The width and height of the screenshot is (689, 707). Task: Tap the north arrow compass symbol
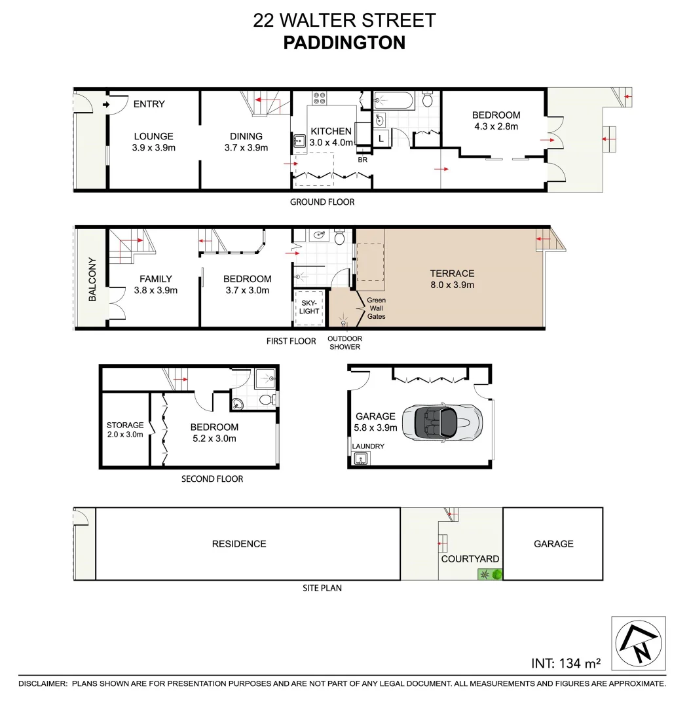[x=638, y=643]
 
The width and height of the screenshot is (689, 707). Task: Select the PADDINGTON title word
[x=344, y=43]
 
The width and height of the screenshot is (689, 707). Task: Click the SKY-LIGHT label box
[x=309, y=306]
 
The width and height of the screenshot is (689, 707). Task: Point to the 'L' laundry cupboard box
[x=381, y=138]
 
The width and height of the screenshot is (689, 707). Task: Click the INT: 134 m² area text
[x=566, y=663]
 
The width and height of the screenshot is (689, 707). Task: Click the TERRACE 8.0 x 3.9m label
[x=452, y=279]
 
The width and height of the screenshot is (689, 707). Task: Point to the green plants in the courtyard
[x=491, y=575]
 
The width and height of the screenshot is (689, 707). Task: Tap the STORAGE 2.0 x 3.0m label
[x=124, y=429]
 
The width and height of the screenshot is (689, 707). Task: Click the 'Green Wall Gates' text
[x=376, y=308]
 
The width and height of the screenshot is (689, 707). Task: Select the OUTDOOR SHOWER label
[x=344, y=342]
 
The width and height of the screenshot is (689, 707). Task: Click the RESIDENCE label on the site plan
[x=238, y=544]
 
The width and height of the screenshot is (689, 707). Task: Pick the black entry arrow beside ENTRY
[x=106, y=104]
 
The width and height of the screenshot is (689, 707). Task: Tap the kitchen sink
[x=299, y=139]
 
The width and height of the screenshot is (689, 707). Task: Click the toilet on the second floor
[x=266, y=399]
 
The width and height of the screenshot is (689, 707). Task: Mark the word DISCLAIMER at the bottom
[x=43, y=683]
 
